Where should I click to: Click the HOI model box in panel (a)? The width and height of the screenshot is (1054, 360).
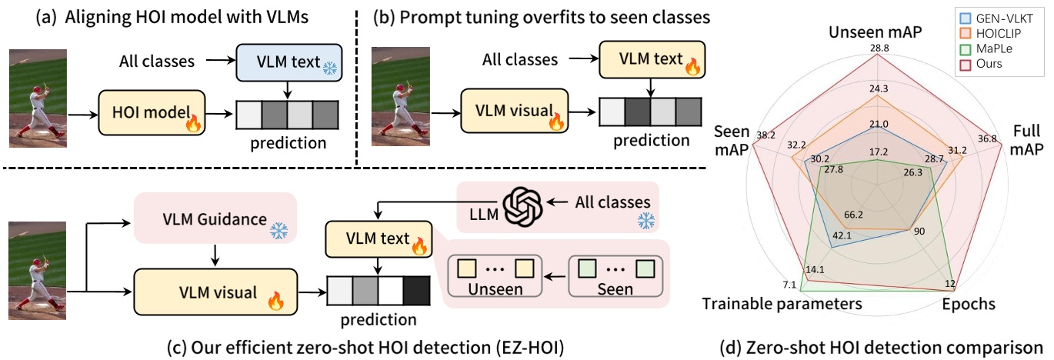pyautogui.click(x=152, y=112)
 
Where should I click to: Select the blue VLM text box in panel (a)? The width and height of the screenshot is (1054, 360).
pyautogui.click(x=289, y=62)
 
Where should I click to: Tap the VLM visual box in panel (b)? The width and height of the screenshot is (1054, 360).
pyautogui.click(x=514, y=111)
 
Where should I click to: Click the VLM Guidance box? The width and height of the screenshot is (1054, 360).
pyautogui.click(x=215, y=218)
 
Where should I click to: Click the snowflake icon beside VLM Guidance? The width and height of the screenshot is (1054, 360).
pyautogui.click(x=279, y=230)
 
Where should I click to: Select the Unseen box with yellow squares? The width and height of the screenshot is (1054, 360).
pyautogui.click(x=495, y=275)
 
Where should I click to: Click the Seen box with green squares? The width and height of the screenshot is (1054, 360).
pyautogui.click(x=615, y=275)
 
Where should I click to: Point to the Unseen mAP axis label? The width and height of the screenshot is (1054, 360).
pyautogui.click(x=876, y=32)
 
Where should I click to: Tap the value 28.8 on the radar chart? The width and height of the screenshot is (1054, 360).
pyautogui.click(x=879, y=48)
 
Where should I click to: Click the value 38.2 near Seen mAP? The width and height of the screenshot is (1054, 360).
pyautogui.click(x=765, y=135)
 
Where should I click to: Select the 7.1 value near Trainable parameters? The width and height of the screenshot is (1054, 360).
pyautogui.click(x=789, y=285)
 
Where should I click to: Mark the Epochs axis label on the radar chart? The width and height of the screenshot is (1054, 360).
pyautogui.click(x=969, y=304)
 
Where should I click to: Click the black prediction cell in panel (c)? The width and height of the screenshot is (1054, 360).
pyautogui.click(x=416, y=291)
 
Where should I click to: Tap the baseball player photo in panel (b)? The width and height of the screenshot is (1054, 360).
pyautogui.click(x=400, y=96)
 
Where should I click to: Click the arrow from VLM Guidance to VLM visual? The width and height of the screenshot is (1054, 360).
pyautogui.click(x=215, y=255)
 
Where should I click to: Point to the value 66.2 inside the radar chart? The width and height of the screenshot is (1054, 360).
pyautogui.click(x=853, y=215)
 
